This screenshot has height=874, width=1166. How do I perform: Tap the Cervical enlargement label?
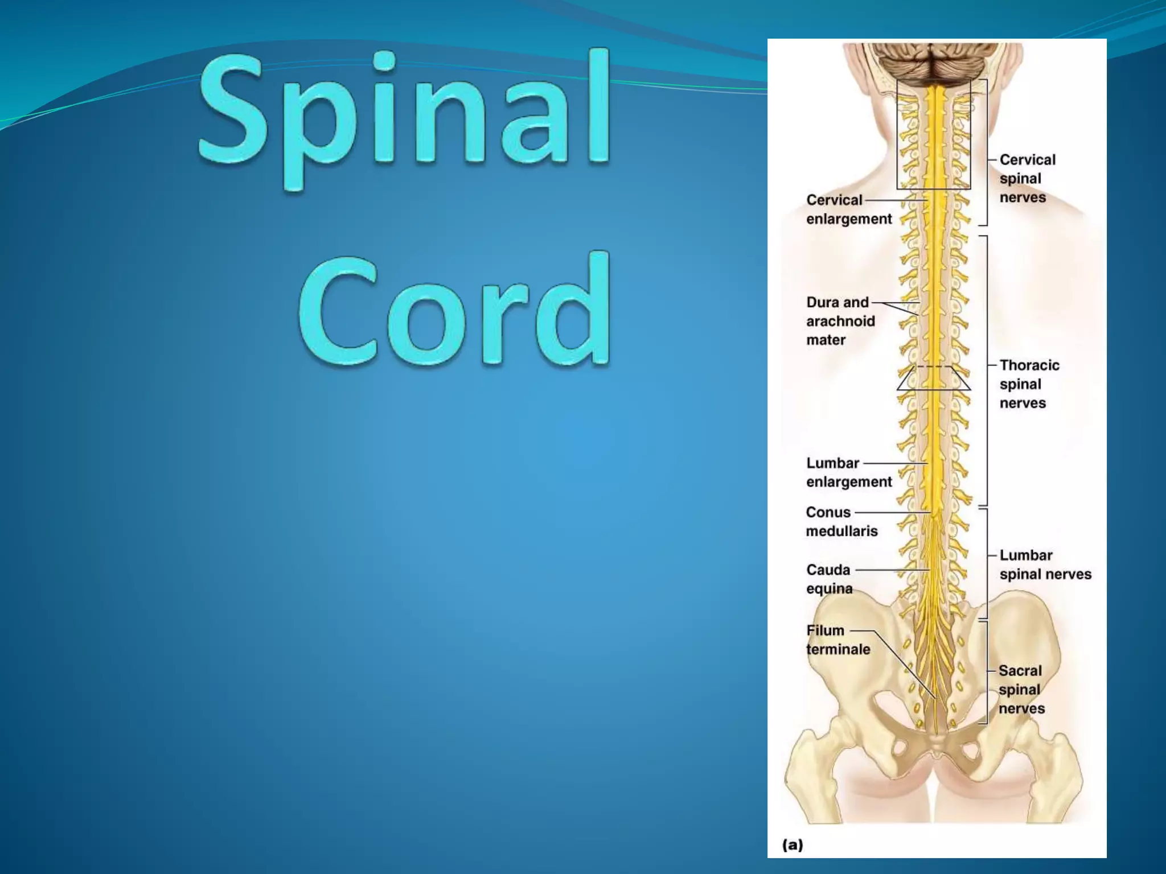click(848, 209)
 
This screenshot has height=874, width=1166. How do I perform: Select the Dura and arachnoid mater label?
click(840, 321)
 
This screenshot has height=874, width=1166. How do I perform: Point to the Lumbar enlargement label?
click(848, 472)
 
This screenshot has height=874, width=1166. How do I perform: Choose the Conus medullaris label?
click(841, 522)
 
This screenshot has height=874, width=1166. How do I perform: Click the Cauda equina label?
click(829, 579)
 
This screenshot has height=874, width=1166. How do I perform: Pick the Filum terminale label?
click(837, 640)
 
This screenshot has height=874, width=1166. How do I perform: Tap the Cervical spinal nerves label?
click(1027, 179)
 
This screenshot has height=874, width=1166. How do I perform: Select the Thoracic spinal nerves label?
click(1029, 384)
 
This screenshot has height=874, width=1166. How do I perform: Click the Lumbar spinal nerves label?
click(1045, 564)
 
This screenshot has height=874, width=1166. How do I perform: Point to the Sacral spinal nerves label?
click(1021, 690)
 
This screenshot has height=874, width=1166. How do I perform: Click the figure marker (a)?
click(793, 844)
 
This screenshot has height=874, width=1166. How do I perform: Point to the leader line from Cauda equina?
click(891, 570)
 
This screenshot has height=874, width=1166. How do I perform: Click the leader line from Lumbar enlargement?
click(894, 463)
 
